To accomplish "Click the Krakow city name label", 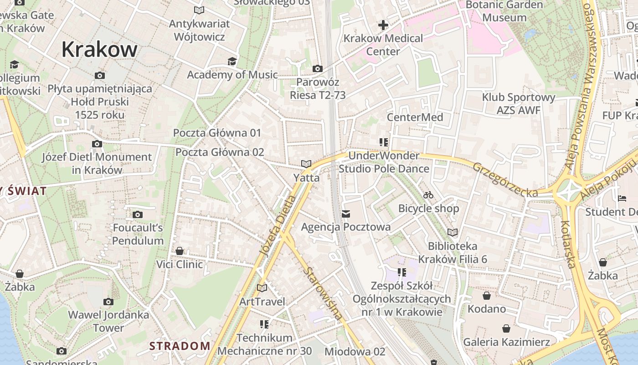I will (99, 49).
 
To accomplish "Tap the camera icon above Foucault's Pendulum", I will (138, 214).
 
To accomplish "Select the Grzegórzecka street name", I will (505, 180).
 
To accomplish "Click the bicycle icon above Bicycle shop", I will (428, 195).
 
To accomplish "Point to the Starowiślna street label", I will (323, 293).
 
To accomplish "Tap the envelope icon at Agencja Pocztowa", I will (346, 214).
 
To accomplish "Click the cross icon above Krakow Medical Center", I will (383, 25).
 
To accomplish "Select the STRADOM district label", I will (180, 346).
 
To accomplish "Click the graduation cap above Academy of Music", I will (232, 61).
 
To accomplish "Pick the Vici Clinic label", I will (180, 264).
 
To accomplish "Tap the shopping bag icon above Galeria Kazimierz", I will (506, 328).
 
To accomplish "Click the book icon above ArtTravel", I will (262, 288).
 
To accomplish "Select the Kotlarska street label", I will (569, 244).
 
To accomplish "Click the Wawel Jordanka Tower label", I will (108, 321).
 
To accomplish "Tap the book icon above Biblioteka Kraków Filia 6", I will (453, 232).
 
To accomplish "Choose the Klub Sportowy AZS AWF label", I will (519, 104).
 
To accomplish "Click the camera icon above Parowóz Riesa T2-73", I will (318, 69).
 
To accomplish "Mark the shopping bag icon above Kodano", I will (487, 296).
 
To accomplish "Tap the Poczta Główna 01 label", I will (217, 133).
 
